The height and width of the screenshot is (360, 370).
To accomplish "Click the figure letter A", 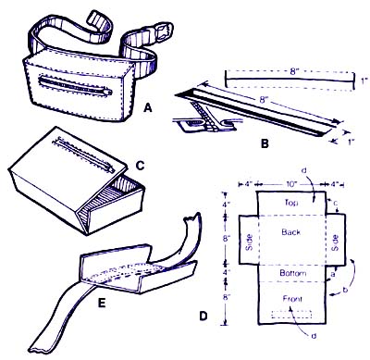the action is [x=148, y=108].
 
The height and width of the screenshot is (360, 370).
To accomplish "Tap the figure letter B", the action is [x=265, y=143].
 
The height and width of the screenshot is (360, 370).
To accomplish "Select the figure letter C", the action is [x=140, y=166].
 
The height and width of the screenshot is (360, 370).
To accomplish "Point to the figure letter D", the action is [x=203, y=316].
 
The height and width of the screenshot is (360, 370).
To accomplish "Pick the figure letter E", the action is [x=102, y=303].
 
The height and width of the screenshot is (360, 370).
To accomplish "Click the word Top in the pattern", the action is [x=291, y=203].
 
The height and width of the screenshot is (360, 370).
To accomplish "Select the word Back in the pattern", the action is [x=290, y=232].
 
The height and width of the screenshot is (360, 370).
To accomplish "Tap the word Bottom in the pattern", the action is [x=293, y=273].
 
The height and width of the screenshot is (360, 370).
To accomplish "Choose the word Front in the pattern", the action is [x=292, y=299].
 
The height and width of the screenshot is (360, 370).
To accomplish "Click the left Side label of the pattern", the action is [x=249, y=242].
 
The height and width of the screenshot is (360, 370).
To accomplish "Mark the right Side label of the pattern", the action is [x=335, y=243].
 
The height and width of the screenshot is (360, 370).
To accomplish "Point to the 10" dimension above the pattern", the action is [x=290, y=184].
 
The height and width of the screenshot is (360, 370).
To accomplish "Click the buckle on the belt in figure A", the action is [x=163, y=31].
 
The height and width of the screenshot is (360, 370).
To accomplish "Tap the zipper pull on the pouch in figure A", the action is [x=107, y=92].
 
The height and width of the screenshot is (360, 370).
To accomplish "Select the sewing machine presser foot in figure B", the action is [x=202, y=121].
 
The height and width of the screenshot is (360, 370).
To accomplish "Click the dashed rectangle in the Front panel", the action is [x=291, y=315].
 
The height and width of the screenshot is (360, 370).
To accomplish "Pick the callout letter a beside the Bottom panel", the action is [x=333, y=274].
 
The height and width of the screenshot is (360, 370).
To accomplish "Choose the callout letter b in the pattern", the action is [x=345, y=290].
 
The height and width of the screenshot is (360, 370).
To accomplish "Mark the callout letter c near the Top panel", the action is [x=336, y=204].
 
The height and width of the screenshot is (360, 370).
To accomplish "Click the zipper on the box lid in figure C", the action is [x=84, y=155].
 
